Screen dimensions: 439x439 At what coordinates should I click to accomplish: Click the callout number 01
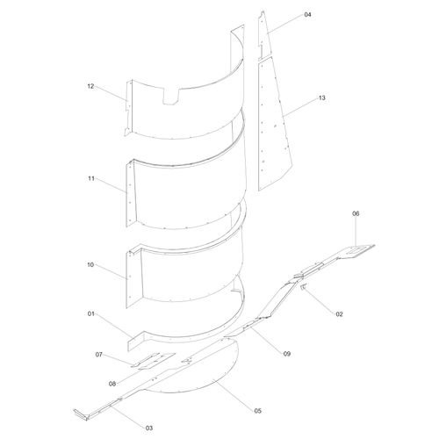point(91,313)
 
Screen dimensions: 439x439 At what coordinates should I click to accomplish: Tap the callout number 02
point(339,314)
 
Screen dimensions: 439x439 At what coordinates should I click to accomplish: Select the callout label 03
point(149,428)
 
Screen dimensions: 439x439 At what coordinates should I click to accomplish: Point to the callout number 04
point(307,15)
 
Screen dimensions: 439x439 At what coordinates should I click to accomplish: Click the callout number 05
point(257,411)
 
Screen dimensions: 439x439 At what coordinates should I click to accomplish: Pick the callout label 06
point(356,213)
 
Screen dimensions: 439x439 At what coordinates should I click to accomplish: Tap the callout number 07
point(99,355)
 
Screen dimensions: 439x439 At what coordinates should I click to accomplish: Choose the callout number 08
point(112,384)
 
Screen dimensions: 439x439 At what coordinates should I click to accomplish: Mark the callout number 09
point(287,354)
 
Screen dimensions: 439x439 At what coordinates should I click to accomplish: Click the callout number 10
point(90,265)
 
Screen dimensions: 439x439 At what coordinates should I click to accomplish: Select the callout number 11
point(91,178)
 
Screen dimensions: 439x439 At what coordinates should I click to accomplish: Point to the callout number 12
point(90,86)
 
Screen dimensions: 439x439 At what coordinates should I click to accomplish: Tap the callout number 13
point(322,97)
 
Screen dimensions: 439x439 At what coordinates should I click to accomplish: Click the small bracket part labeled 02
point(303,287)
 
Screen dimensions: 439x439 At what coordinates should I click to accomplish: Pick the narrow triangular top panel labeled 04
point(264,35)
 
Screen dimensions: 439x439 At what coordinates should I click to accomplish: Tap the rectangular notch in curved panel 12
point(170,97)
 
